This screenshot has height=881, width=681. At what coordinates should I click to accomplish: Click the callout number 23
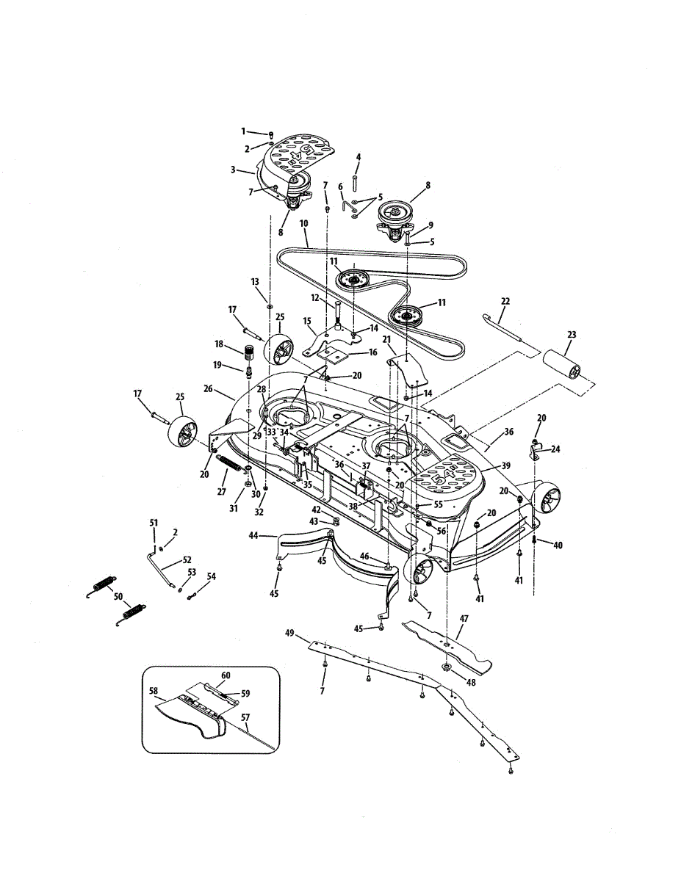572,335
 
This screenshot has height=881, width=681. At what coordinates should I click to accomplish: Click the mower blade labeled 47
448,646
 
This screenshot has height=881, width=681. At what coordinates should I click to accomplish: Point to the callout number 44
253,536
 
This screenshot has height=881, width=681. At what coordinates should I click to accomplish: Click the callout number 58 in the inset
153,690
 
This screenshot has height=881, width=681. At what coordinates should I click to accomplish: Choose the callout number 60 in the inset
226,674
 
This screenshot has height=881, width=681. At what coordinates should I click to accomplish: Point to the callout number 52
187,559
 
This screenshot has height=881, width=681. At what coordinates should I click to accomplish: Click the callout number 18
218,344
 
